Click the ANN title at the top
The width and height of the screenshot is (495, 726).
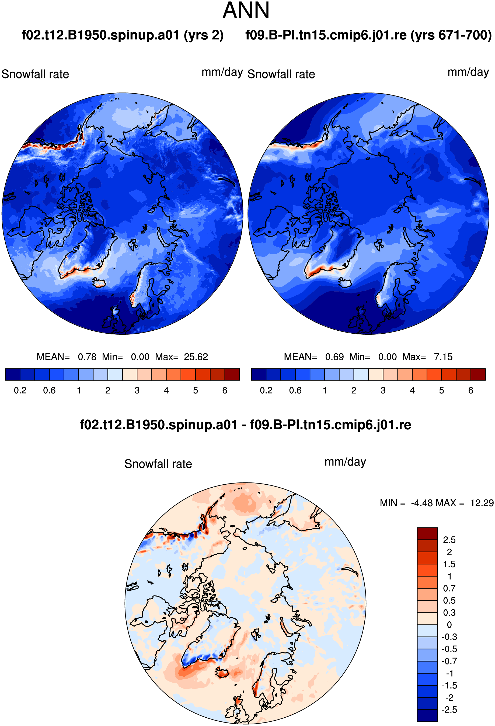pos(246,11)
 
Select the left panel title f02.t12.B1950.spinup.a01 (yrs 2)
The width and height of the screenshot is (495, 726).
pos(123,35)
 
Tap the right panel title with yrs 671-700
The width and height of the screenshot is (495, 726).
pos(369,35)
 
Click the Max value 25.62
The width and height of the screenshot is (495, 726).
pos(196,357)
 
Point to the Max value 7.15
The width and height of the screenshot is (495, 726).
pos(443,357)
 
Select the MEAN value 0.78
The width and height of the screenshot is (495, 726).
pos(87,357)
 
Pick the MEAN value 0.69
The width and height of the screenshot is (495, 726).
pos(334,357)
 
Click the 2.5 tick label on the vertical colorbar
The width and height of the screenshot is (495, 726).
pos(449,540)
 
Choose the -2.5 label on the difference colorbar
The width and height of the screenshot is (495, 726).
pos(449,710)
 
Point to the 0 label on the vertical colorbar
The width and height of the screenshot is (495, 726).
pos(449,625)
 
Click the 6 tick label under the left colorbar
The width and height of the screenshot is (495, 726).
pos(225,391)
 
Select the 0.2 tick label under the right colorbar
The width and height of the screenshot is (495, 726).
pos(266,391)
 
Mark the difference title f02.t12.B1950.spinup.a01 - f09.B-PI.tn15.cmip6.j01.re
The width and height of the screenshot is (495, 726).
pos(245,425)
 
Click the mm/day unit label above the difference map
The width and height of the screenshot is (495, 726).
pos(345,462)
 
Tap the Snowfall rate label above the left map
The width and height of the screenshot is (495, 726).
pos(35,74)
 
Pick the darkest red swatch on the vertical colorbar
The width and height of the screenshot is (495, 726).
pos(427,533)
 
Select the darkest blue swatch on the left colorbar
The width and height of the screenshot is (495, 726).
pos(13,374)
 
